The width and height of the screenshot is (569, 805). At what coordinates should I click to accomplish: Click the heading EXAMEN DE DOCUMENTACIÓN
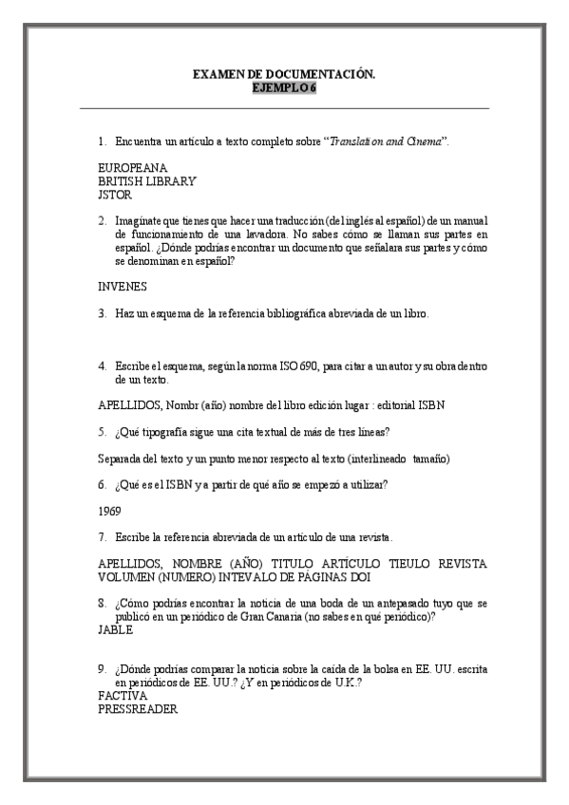(x=284, y=73)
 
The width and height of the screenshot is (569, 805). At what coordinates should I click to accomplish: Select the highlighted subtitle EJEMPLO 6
(x=284, y=87)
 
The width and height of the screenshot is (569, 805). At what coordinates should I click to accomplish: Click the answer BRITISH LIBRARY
(x=147, y=180)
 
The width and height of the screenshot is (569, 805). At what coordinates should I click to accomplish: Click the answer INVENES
(x=123, y=286)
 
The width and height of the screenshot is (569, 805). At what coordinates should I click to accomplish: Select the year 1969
(x=109, y=510)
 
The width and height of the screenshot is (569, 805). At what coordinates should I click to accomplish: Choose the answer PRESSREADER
(x=138, y=709)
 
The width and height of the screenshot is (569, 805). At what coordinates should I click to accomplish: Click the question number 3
(x=102, y=313)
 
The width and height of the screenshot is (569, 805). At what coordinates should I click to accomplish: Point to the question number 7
(x=102, y=537)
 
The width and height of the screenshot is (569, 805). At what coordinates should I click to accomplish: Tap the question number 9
(x=102, y=668)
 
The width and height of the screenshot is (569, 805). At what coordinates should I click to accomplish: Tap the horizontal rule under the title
(x=284, y=109)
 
